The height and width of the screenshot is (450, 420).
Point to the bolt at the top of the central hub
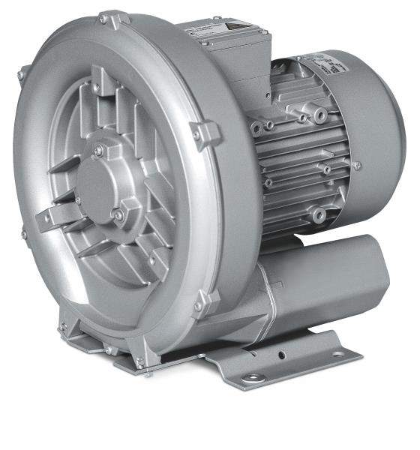click(x=98, y=151)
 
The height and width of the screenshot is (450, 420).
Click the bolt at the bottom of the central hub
click(x=117, y=215)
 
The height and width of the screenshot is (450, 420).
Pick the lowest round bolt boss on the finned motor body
click(x=319, y=216)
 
